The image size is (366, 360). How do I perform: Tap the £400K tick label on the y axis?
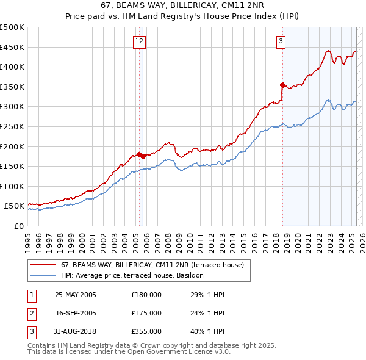coord(12,67)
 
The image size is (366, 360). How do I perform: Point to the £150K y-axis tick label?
coord(12,167)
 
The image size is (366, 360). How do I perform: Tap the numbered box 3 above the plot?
coord(281,41)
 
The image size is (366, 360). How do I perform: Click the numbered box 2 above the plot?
coord(142,41)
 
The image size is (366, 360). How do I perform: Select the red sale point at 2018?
coord(282,85)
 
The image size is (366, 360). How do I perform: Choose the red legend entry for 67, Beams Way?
coord(152,265)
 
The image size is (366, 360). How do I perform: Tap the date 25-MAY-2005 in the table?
coord(76,295)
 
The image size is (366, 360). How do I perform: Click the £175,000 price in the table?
coord(146,313)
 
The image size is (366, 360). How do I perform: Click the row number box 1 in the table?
coord(32,295)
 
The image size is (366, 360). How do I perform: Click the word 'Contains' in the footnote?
coord(42,345)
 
